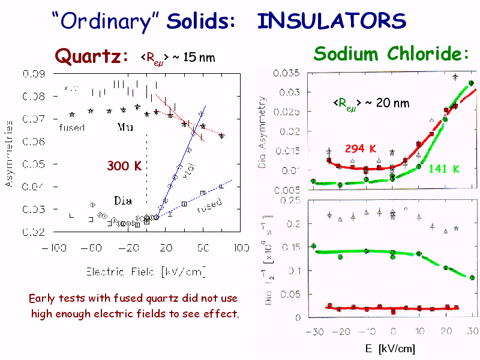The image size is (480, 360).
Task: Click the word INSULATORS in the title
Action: [x=331, y=22]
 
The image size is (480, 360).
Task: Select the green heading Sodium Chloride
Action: [x=391, y=54]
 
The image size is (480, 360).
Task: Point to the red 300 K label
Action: [x=124, y=166]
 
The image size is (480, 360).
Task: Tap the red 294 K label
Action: [x=360, y=148]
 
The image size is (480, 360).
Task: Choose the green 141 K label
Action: [x=444, y=169]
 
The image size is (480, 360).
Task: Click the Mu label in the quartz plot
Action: [x=125, y=127]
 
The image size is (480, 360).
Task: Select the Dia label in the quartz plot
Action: [x=122, y=199]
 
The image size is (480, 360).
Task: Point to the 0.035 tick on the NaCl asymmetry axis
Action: [x=287, y=73]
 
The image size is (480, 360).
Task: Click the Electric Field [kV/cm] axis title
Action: [x=146, y=272]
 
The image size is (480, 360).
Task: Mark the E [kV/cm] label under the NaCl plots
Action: [x=390, y=349]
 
